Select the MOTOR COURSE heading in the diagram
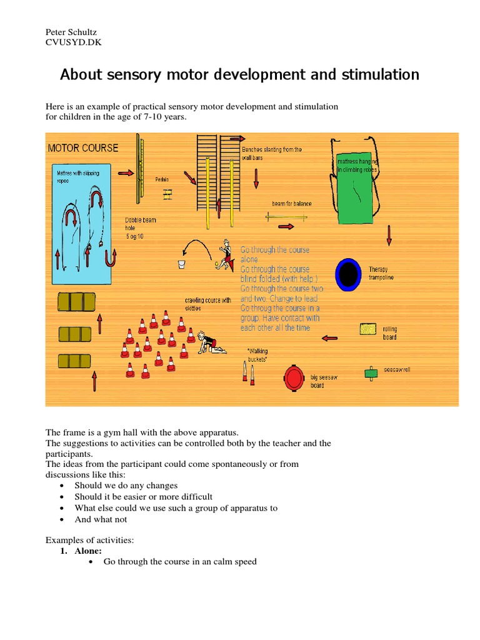82,148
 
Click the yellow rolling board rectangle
368,328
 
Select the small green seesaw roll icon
371,373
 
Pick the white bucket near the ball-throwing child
182,265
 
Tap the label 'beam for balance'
291,204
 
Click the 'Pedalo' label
162,179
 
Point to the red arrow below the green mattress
389,236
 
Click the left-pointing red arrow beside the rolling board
329,338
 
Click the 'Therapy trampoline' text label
381,273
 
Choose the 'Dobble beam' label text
140,220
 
